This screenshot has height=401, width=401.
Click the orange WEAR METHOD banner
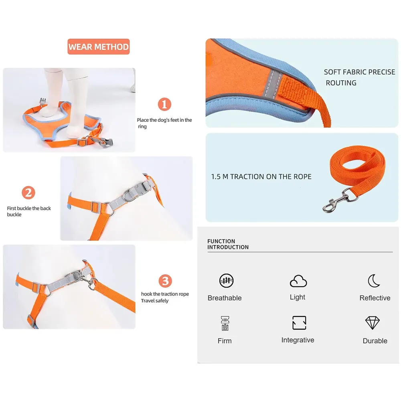click(x=99, y=47)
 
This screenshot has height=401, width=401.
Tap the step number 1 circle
click(x=164, y=104)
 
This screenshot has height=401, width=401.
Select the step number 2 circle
click(x=28, y=192)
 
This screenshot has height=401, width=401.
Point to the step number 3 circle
click(x=165, y=281)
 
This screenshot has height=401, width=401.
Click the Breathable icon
click(x=226, y=281)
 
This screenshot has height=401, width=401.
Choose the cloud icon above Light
click(x=298, y=281)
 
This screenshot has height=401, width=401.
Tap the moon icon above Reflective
click(x=374, y=281)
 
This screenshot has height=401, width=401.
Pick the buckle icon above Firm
click(x=225, y=323)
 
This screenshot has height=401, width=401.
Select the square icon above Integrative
click(x=299, y=322)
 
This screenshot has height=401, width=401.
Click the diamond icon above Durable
click(x=373, y=323)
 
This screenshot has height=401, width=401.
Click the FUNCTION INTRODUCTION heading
click(x=228, y=244)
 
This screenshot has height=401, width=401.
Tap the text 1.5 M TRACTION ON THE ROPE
click(x=261, y=177)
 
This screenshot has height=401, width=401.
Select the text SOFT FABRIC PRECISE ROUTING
click(x=359, y=77)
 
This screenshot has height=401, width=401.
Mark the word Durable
click(x=375, y=340)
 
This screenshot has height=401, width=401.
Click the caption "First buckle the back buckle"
click(x=28, y=211)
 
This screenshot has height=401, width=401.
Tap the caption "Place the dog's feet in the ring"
click(x=164, y=123)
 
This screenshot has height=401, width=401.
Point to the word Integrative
click(x=298, y=340)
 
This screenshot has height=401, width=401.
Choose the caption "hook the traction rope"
click(x=165, y=294)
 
